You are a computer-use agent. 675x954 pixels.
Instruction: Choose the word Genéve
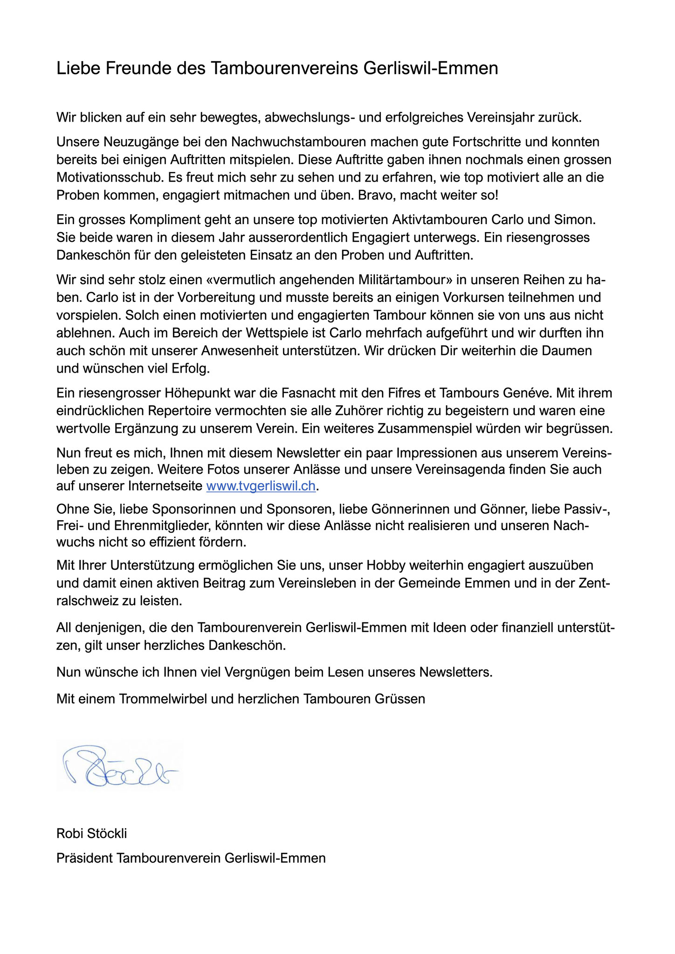(527, 393)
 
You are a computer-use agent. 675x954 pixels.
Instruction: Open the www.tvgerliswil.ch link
(261, 487)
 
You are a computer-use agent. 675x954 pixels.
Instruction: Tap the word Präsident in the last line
(84, 858)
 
